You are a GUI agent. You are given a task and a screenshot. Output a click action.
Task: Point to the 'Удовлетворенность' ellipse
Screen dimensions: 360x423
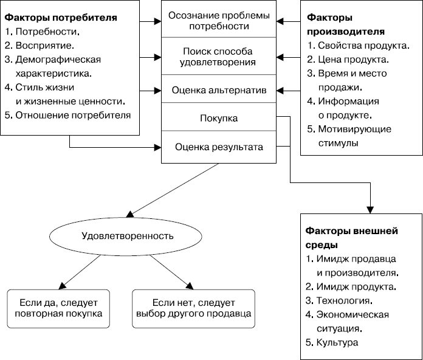[x=127, y=235]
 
